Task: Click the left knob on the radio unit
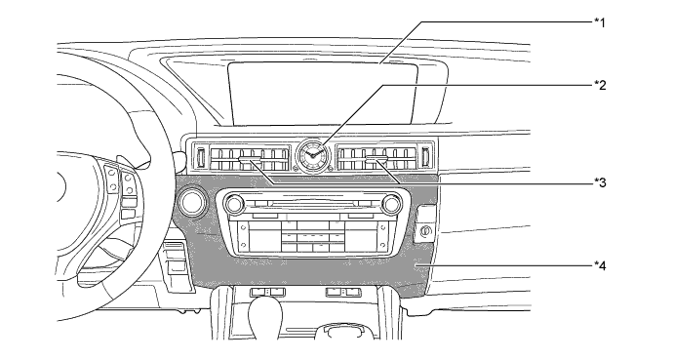(x=234, y=205)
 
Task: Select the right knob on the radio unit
(x=391, y=204)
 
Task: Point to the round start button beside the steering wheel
(x=191, y=203)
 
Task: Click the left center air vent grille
(x=252, y=157)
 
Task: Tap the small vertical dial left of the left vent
(x=200, y=156)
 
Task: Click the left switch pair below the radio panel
(x=266, y=292)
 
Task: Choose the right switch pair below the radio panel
(x=340, y=291)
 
